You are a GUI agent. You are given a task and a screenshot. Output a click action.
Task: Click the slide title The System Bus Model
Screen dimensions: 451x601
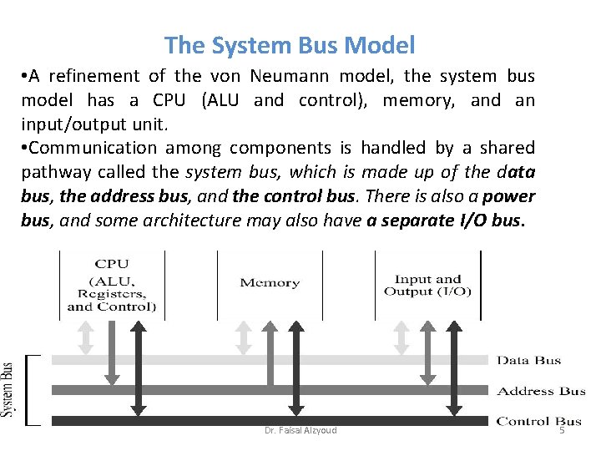[x=290, y=44]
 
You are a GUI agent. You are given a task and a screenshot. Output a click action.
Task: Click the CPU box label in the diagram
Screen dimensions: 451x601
[x=112, y=285]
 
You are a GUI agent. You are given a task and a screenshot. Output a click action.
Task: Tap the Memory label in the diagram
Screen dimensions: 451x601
[x=270, y=282]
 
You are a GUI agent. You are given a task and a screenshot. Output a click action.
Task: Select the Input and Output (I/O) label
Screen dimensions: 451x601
[x=427, y=285]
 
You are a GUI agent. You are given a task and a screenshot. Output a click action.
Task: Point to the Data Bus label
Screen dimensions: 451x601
[x=529, y=361]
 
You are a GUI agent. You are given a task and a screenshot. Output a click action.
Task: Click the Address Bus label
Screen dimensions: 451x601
[x=542, y=391]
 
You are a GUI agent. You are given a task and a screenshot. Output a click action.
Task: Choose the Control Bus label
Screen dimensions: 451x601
[x=538, y=421]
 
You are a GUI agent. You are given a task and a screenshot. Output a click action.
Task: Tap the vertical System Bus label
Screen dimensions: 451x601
[x=8, y=389]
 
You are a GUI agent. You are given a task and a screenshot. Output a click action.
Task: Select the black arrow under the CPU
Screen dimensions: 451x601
[x=139, y=367]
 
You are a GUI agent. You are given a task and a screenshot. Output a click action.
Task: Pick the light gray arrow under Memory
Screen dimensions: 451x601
[x=243, y=337]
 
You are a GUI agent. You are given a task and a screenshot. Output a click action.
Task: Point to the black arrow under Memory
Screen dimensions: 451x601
[x=295, y=367]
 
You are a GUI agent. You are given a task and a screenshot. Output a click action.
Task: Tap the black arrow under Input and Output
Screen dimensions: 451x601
[x=454, y=367]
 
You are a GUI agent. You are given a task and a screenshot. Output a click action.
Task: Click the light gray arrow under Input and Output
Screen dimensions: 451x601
[x=402, y=337]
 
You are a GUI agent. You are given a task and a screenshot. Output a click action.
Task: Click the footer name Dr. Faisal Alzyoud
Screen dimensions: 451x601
[x=300, y=430]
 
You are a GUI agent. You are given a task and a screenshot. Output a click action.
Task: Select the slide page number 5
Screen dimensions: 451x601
[x=561, y=430]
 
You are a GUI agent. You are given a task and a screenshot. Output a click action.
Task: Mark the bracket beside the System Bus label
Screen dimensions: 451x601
[x=31, y=390]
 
